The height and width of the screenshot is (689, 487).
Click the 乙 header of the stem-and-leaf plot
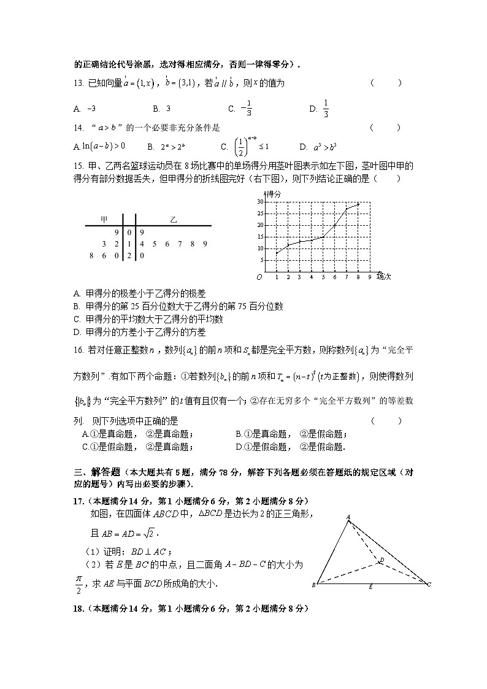pyautogui.click(x=173, y=219)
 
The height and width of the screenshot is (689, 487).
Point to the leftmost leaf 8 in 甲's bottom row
pyautogui.click(x=91, y=256)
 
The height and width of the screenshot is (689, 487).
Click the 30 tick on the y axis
pyautogui.click(x=261, y=202)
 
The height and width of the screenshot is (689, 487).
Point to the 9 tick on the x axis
pyautogui.click(x=369, y=277)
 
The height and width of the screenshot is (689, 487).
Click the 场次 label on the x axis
pyautogui.click(x=384, y=277)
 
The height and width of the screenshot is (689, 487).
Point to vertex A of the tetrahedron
pyautogui.click(x=349, y=517)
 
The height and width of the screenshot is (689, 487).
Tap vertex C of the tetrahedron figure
pyautogui.click(x=429, y=585)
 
